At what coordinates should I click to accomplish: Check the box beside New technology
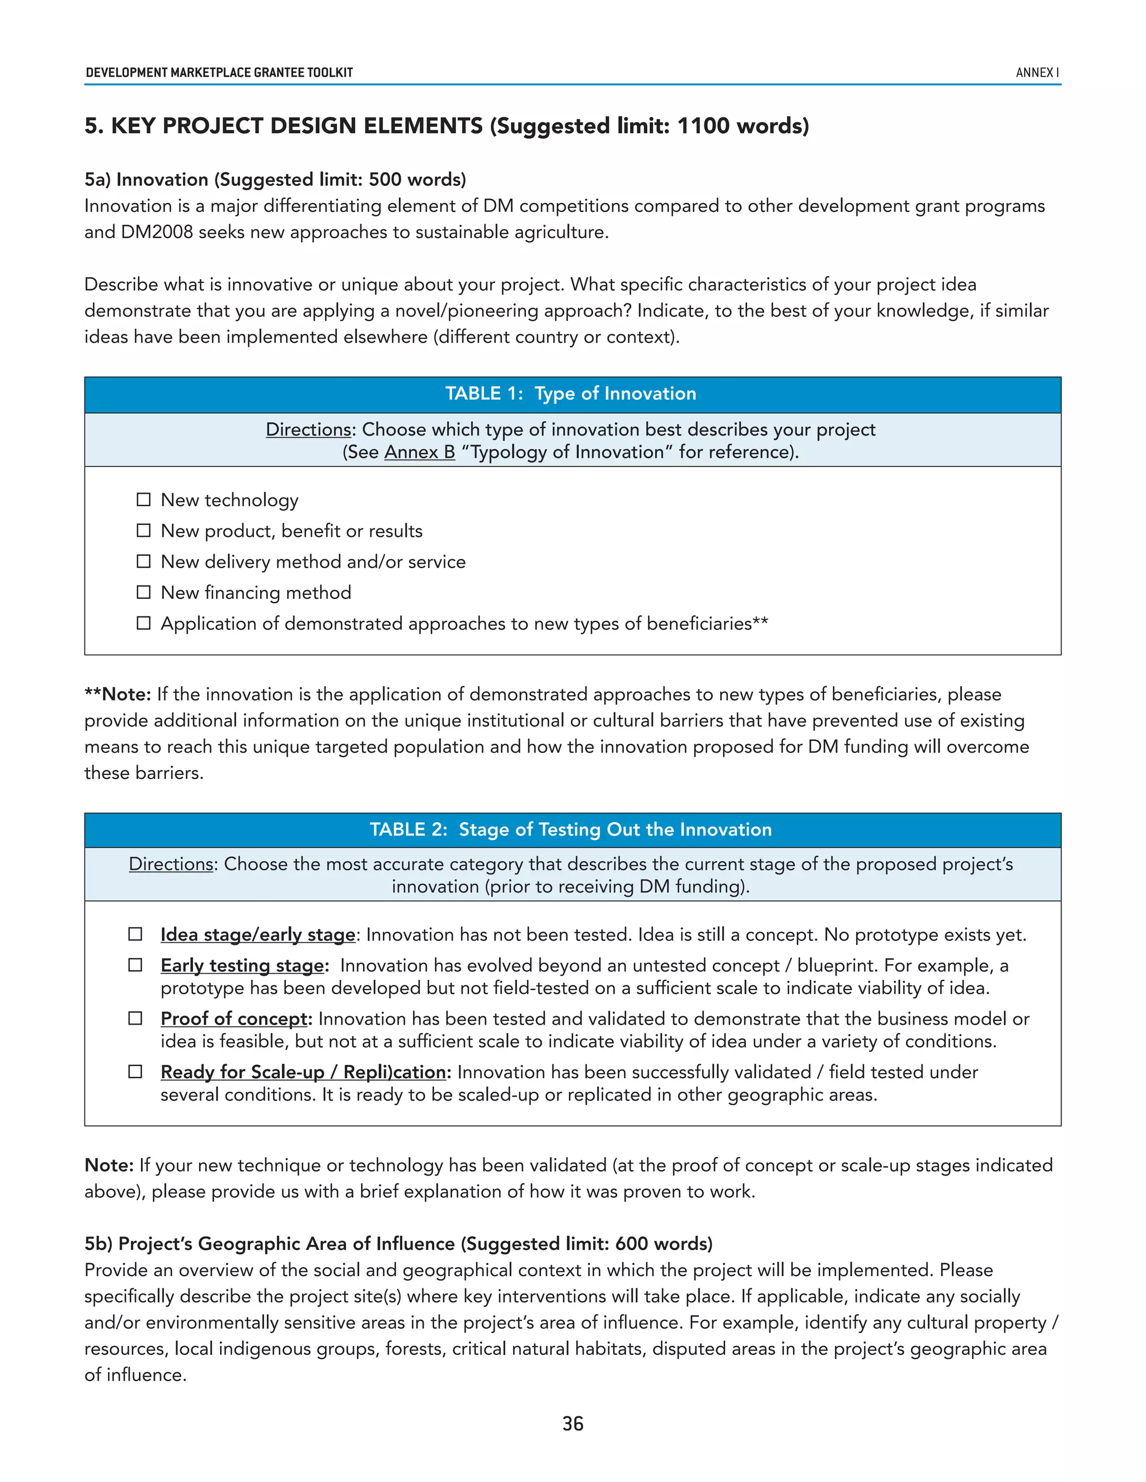[x=143, y=500]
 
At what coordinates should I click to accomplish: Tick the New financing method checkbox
[x=143, y=592]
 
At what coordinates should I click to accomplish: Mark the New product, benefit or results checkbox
[x=143, y=531]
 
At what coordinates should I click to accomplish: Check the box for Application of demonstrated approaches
[x=143, y=623]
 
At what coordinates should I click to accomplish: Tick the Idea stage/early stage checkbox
[x=135, y=934]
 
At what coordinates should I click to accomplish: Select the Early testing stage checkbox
[x=135, y=965]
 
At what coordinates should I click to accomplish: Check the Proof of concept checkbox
[x=135, y=1018]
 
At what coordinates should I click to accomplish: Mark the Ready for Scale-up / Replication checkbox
[x=135, y=1072]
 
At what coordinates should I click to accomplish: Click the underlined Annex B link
[x=420, y=452]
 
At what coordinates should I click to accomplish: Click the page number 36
[x=572, y=1424]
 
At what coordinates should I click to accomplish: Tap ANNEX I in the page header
[x=1037, y=73]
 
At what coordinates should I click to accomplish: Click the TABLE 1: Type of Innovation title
[x=571, y=394]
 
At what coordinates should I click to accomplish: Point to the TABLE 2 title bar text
[x=571, y=829]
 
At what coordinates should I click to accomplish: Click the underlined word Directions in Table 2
[x=171, y=864]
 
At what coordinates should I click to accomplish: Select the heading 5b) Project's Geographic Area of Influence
[x=398, y=1243]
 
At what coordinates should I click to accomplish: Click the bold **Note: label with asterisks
[x=118, y=694]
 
